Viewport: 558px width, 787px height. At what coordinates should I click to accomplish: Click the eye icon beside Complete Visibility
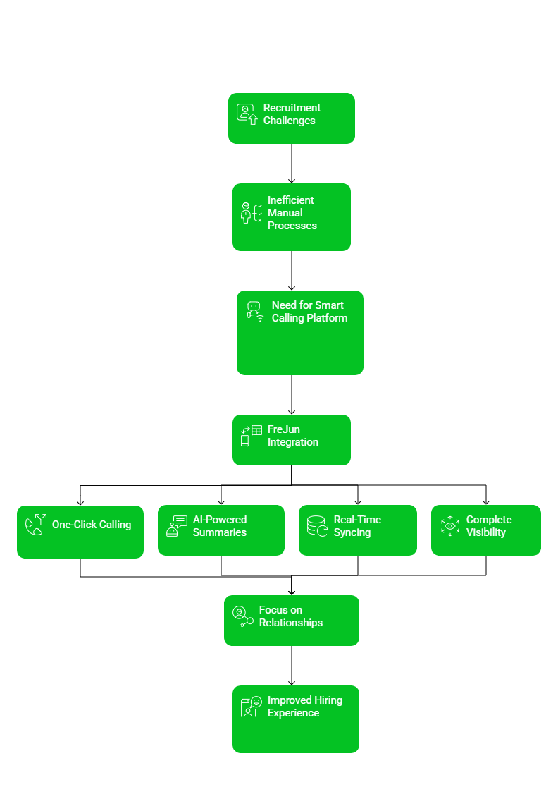tap(449, 526)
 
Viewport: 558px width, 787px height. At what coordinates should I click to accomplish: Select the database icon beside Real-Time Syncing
tap(317, 526)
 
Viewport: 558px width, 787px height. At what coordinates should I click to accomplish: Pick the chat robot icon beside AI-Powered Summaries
tap(176, 526)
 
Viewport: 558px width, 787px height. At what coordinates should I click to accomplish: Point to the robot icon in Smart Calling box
tap(255, 311)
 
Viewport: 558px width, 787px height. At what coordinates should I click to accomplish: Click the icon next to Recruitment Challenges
tap(247, 114)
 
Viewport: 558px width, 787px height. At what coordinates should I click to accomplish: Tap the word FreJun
tap(284, 429)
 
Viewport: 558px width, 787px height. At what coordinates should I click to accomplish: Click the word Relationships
tap(291, 623)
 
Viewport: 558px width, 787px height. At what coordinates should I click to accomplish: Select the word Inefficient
tap(291, 200)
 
